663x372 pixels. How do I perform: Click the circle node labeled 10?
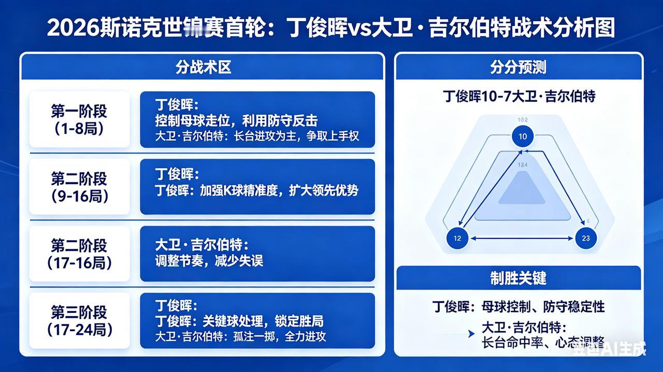click(x=523, y=137)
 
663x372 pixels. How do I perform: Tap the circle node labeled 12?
click(x=457, y=239)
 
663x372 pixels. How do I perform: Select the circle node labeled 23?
click(x=586, y=239)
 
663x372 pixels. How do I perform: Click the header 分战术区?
click(x=203, y=67)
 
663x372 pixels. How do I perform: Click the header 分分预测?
click(x=518, y=67)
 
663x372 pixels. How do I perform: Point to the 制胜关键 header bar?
click(x=518, y=278)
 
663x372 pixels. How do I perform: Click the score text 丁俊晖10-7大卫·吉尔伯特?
click(x=518, y=96)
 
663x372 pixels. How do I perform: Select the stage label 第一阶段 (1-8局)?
click(x=79, y=120)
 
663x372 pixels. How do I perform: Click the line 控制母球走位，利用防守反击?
click(x=236, y=121)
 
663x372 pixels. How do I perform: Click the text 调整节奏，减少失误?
click(x=209, y=260)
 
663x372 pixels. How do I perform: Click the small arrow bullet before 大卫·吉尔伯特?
click(x=471, y=334)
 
